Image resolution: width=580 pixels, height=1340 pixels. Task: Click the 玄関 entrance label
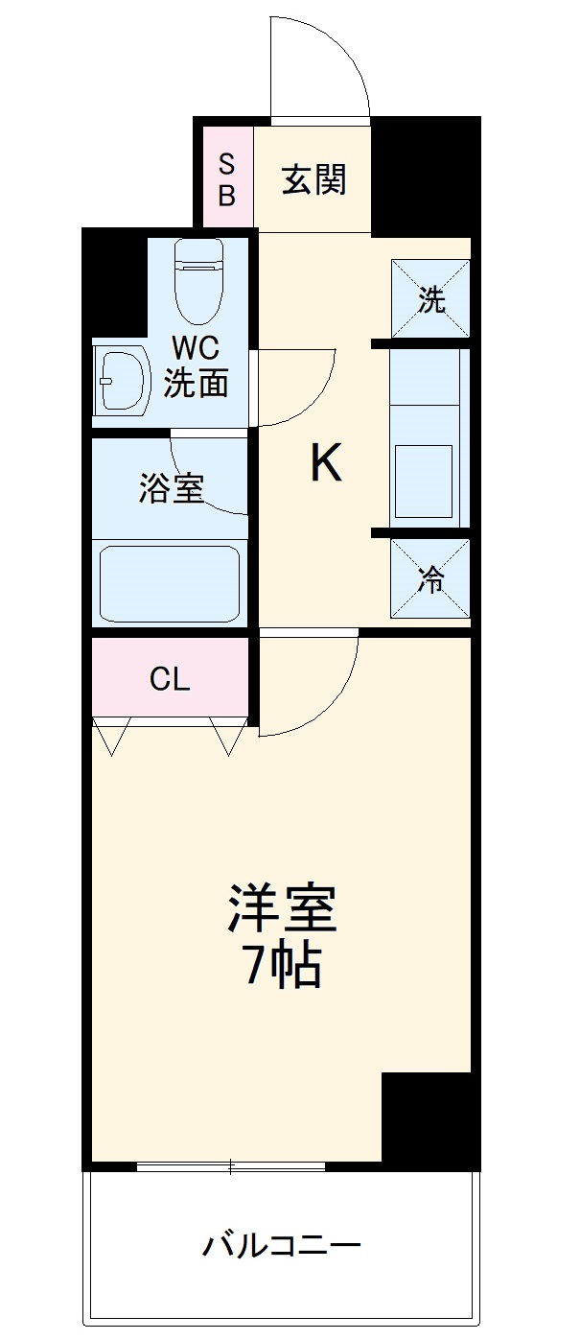click(x=313, y=179)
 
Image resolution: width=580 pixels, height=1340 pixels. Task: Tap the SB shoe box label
click(x=227, y=179)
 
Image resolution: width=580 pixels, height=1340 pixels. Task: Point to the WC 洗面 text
click(x=196, y=367)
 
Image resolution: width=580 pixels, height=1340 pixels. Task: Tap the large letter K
click(x=325, y=465)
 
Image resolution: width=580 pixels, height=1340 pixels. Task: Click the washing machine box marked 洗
click(x=430, y=299)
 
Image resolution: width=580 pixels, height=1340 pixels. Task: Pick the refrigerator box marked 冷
click(x=430, y=579)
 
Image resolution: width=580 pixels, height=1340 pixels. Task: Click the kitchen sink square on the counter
click(x=424, y=481)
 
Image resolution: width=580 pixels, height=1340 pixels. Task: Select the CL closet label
click(x=170, y=679)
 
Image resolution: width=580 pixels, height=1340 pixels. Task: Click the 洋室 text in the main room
click(x=282, y=908)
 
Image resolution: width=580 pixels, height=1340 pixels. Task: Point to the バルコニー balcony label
click(x=281, y=1246)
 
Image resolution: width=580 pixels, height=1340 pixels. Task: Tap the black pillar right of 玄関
click(x=425, y=173)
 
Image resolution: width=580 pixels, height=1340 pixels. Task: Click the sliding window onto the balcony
click(x=232, y=1166)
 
